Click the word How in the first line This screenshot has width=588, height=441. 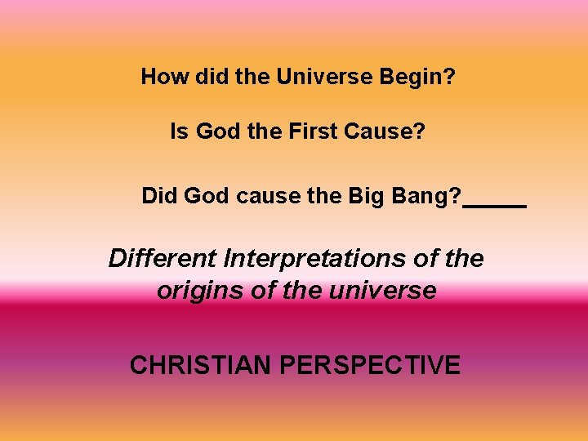pyautogui.click(x=158, y=77)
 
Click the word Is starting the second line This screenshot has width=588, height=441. pyautogui.click(x=178, y=131)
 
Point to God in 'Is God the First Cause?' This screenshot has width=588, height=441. pyautogui.click(x=216, y=131)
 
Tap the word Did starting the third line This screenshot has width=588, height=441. pyautogui.click(x=159, y=196)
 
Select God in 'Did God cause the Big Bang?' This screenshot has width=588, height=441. pyautogui.click(x=206, y=196)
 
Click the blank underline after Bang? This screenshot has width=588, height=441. pyautogui.click(x=494, y=206)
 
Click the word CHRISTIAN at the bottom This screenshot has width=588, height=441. pyautogui.click(x=201, y=365)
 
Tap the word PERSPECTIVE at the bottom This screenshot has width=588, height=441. pyautogui.click(x=370, y=365)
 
